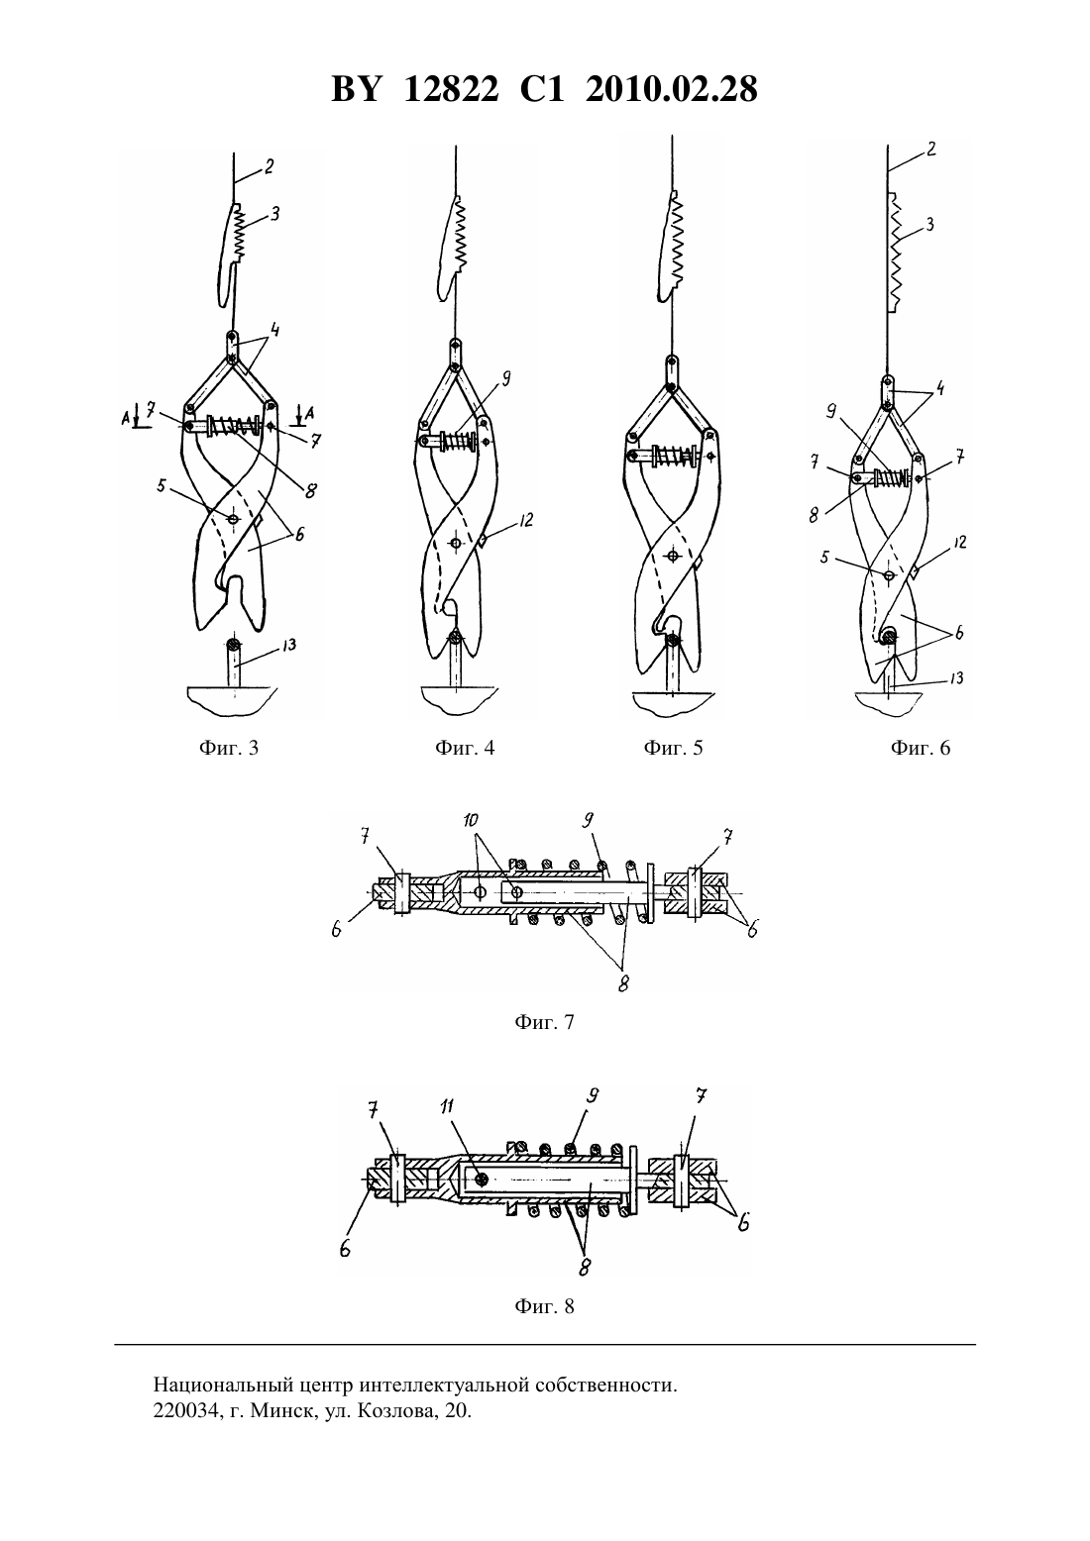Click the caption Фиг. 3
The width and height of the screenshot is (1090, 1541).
pyautogui.click(x=229, y=748)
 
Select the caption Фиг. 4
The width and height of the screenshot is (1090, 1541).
pyautogui.click(x=465, y=748)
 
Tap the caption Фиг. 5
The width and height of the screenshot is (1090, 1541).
pyautogui.click(x=673, y=748)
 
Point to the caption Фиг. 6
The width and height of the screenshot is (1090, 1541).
pyautogui.click(x=920, y=748)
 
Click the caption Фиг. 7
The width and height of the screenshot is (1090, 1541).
pyautogui.click(x=544, y=1022)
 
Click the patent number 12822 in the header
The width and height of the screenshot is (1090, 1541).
pyautogui.click(x=451, y=89)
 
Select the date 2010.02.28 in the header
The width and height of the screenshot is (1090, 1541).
pyautogui.click(x=672, y=89)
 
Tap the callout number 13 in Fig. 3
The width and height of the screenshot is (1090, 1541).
pyautogui.click(x=288, y=646)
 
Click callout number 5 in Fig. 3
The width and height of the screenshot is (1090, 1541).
pyautogui.click(x=161, y=485)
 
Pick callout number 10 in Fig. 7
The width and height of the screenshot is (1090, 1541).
pyautogui.click(x=471, y=819)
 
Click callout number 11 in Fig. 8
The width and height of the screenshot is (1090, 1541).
pyautogui.click(x=447, y=1105)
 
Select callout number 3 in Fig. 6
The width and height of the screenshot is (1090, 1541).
pyautogui.click(x=929, y=224)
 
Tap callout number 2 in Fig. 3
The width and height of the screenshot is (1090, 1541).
pyautogui.click(x=269, y=165)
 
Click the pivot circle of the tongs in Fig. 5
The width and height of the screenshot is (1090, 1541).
pyautogui.click(x=673, y=555)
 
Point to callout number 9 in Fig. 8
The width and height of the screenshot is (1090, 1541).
pyautogui.click(x=592, y=1095)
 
